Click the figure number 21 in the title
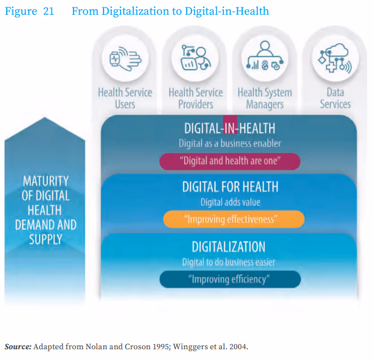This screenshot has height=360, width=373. point(48,11)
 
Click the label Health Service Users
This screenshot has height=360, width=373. point(125,98)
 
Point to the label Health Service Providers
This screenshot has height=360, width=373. point(196,98)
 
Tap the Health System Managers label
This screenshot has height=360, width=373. point(265,98)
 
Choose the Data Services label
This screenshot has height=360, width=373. point(335,98)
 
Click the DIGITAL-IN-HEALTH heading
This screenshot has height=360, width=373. point(230,129)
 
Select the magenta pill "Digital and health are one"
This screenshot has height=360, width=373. point(230,161)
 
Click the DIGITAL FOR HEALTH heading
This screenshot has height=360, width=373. point(230,187)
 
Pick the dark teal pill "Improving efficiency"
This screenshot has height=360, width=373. point(230,279)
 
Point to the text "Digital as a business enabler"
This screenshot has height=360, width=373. point(230,144)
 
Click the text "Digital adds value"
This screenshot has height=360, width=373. point(230,202)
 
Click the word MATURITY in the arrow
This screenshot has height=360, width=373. point(46,182)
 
